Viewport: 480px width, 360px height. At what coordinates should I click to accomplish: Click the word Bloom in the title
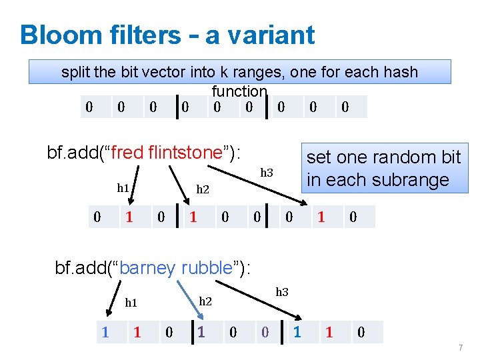pyautogui.click(x=57, y=35)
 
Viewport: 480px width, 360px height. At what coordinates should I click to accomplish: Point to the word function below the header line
pyautogui.click(x=239, y=91)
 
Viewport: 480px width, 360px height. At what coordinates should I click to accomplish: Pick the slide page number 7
pyautogui.click(x=460, y=348)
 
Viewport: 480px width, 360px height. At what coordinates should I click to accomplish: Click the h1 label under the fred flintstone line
pyautogui.click(x=123, y=188)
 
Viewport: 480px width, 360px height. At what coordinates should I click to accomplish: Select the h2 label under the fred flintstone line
pyautogui.click(x=203, y=190)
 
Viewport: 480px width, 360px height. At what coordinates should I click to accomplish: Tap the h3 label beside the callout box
pyautogui.click(x=267, y=173)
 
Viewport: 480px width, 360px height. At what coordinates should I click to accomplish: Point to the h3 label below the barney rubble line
pyautogui.click(x=282, y=291)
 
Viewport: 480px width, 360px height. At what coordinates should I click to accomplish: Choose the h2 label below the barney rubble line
pyautogui.click(x=205, y=301)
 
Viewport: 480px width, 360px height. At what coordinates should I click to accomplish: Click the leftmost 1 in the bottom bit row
pyautogui.click(x=105, y=332)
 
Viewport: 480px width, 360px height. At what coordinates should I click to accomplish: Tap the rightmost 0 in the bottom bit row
pyautogui.click(x=361, y=332)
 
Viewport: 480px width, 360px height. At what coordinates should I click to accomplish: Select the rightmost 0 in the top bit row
pyautogui.click(x=345, y=107)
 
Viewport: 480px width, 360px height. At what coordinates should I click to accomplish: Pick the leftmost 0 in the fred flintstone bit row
pyautogui.click(x=97, y=217)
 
